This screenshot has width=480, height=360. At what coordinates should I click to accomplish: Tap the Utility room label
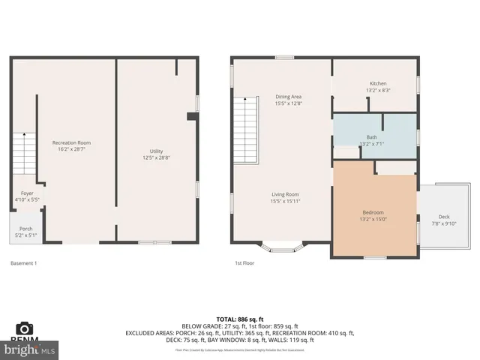coord(156,151)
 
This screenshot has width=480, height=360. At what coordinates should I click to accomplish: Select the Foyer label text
coord(27,193)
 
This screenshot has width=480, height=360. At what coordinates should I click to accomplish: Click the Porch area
coord(25,232)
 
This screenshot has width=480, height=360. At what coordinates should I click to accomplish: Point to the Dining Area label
coord(288,97)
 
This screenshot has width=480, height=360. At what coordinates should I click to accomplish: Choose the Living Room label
coord(285,194)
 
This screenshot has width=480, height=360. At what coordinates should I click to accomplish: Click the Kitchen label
coord(377,83)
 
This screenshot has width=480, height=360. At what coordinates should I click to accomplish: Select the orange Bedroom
coord(373,212)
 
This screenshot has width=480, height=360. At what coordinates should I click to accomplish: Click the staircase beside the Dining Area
coord(245,132)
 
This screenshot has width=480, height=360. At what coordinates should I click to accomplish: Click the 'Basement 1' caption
coord(24,263)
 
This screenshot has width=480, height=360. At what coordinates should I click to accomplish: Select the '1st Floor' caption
coord(244,263)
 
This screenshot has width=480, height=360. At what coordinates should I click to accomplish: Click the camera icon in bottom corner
coord(24,328)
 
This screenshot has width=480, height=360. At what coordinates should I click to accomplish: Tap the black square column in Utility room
coord(192,116)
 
